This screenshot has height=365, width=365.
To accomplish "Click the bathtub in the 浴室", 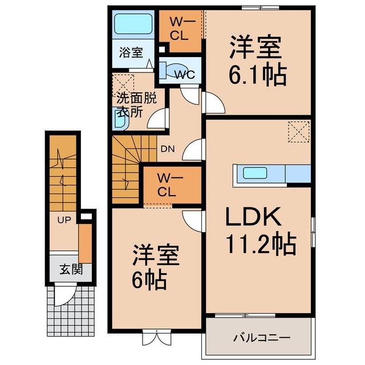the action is click(133, 24).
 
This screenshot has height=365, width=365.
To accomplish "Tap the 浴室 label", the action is click(131, 52).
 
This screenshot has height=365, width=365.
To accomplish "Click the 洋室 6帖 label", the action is click(155, 267).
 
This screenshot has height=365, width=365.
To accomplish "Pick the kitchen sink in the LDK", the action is click(255, 173).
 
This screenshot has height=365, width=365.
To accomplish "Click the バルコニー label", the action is click(262, 337).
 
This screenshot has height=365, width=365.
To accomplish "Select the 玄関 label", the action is click(71, 270).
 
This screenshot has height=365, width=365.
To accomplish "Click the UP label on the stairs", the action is click(64, 220).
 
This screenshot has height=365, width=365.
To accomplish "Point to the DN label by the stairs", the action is click(168, 149).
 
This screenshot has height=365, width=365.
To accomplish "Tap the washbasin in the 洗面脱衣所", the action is click(120, 119).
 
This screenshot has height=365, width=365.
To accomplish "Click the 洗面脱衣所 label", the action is click(136, 105).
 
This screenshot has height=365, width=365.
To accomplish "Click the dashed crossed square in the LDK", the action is click(299, 132).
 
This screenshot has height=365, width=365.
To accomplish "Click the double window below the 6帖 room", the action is click(157, 337).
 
